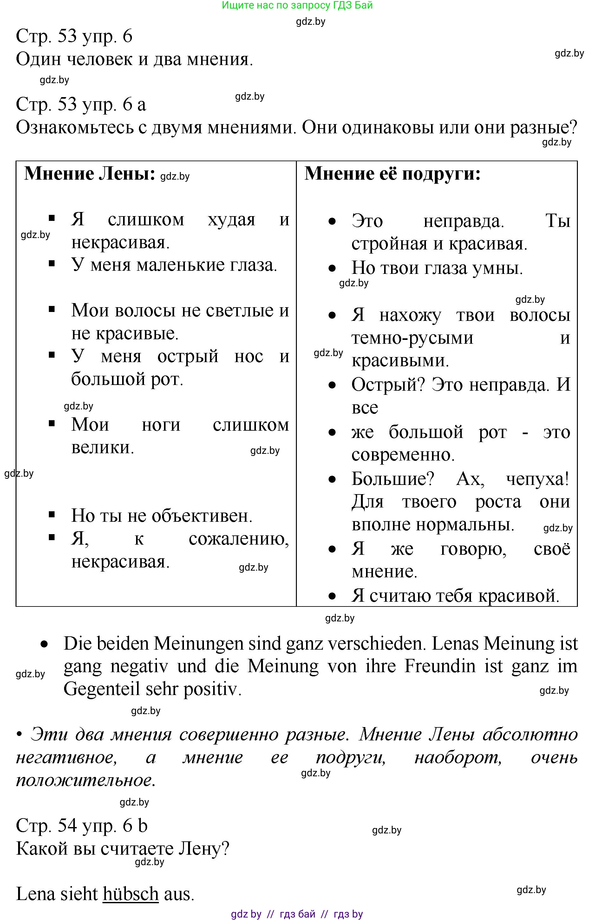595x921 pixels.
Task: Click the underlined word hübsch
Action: point(131,894)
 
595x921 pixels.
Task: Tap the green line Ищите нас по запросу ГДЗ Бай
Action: point(297,5)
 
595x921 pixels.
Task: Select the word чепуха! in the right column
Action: point(537,479)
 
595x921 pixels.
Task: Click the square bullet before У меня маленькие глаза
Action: point(52,264)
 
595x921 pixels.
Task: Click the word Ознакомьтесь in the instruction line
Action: point(75,127)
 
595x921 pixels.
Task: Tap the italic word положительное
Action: point(86,780)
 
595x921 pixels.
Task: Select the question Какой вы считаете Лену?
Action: point(122,848)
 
